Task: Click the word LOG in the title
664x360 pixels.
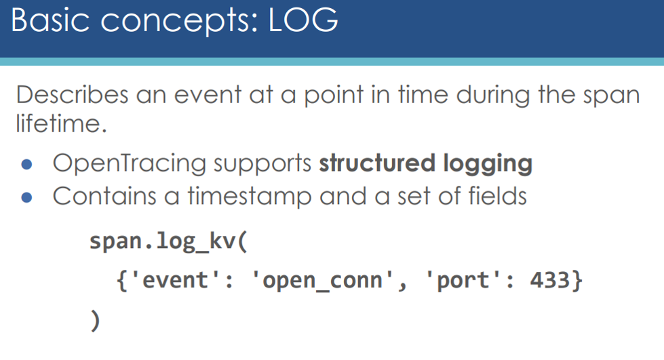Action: point(303,20)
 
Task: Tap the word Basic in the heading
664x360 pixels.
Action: point(50,20)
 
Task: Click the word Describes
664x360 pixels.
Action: point(72,94)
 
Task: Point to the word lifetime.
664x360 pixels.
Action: point(62,123)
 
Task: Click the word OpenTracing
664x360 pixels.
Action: point(130,164)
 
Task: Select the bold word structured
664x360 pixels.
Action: point(377,163)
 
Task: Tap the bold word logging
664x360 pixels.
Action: point(488,164)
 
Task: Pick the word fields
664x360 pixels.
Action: point(497,196)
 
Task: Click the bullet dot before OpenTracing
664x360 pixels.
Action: point(26,164)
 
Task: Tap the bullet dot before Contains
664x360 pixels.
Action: point(26,197)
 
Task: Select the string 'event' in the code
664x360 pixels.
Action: point(175,280)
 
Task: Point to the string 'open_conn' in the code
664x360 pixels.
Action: point(323,281)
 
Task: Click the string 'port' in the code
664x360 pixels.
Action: point(463,280)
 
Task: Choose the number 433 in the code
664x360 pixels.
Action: point(549,280)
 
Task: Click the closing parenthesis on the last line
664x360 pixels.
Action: point(95,321)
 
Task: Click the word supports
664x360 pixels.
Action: point(262,164)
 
